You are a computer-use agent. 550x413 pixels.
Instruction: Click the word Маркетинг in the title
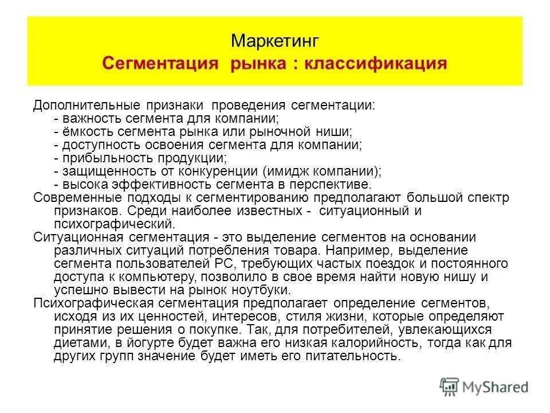[274, 41]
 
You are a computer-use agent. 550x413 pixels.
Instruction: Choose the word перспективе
[338, 185]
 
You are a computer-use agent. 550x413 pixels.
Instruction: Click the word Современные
[71, 198]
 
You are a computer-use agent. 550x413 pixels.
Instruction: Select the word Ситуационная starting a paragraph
[76, 237]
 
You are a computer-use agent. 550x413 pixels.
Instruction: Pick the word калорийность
[366, 342]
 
